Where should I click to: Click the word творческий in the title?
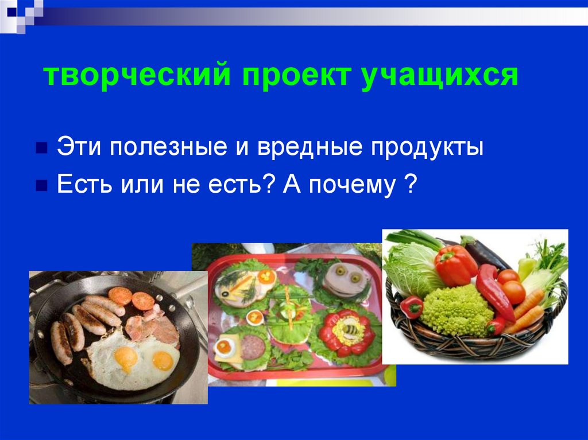pos(135,76)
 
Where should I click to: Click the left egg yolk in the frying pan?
pos(126,357)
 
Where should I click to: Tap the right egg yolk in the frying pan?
pos(163,360)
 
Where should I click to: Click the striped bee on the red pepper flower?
pos(349,330)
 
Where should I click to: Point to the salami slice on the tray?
pos(252,345)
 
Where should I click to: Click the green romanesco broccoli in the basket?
pos(457,310)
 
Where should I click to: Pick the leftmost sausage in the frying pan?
pos(61,342)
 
